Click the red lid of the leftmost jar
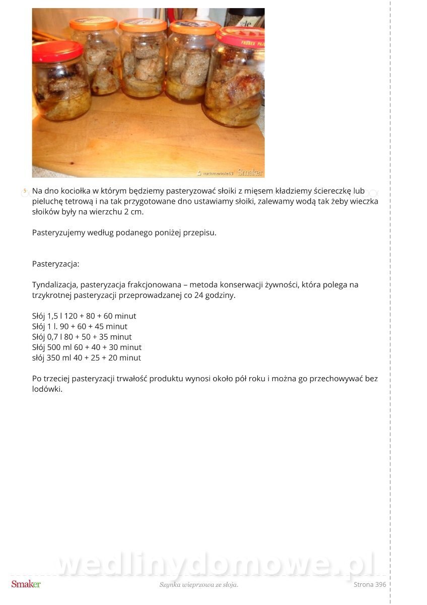click(x=57, y=51)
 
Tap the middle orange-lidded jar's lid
click(x=143, y=25)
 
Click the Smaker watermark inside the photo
click(x=250, y=172)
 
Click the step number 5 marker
click(x=25, y=191)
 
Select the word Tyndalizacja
click(x=54, y=285)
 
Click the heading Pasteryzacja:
click(x=55, y=264)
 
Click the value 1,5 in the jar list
click(x=53, y=316)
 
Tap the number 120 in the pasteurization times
click(x=70, y=316)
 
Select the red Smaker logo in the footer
click(x=26, y=584)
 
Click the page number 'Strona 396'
click(x=370, y=585)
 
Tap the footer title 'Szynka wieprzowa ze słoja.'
click(x=198, y=585)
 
